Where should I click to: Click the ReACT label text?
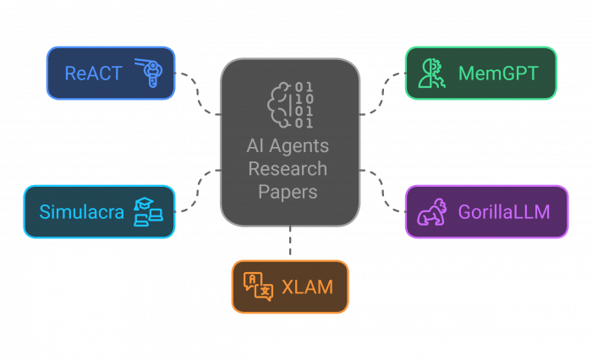point(93,74)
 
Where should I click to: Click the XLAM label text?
point(307,287)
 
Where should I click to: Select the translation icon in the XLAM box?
point(259,287)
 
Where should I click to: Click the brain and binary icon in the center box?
point(290,103)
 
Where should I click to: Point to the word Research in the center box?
point(288,169)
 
